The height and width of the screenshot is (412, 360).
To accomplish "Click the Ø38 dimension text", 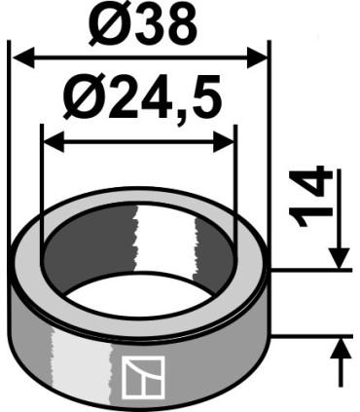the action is click(142, 22).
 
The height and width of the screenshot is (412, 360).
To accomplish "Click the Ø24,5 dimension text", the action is click(142, 97).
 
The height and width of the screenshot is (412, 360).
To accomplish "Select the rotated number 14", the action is click(310, 196).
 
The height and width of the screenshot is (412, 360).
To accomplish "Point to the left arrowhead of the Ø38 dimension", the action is click(22, 57).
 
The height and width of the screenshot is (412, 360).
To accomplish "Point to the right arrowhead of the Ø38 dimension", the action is click(258, 57).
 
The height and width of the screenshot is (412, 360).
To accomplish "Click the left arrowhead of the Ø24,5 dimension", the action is click(54, 142).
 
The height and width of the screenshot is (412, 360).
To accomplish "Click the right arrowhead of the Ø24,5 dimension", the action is click(224, 142).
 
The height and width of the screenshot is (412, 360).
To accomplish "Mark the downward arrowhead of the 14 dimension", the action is click(340, 258).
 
